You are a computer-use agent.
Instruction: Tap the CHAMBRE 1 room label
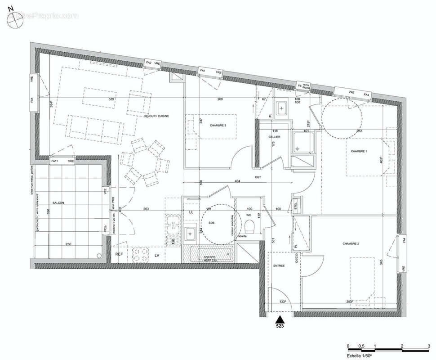(359, 151)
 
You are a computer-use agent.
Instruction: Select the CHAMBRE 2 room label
(351, 243)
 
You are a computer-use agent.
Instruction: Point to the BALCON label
(58, 203)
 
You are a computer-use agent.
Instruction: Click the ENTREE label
(279, 266)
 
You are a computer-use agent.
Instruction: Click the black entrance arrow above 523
(280, 319)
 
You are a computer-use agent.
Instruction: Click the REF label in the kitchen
(119, 255)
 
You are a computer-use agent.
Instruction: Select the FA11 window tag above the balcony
(54, 161)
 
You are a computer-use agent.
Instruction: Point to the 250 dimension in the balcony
(68, 244)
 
